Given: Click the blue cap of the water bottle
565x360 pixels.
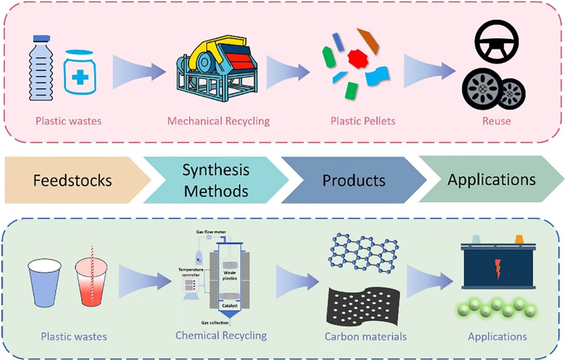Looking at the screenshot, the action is (41, 38).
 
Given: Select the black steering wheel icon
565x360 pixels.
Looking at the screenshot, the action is (497, 42).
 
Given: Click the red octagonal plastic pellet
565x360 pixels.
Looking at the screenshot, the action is (358, 58).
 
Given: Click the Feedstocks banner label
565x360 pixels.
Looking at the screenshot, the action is (73, 180).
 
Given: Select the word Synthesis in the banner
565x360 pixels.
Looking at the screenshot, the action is (216, 170).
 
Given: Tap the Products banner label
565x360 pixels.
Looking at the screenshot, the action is (354, 180).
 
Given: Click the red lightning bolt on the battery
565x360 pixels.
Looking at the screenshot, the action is (497, 269).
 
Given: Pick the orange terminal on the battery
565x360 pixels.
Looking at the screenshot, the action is (519, 239).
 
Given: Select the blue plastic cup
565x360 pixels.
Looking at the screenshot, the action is (45, 283).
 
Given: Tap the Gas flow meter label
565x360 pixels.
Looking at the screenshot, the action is (211, 232).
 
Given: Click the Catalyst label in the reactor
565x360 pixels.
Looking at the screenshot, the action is (230, 306).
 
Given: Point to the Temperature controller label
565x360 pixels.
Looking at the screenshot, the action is (191, 272).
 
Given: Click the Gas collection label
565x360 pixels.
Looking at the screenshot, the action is (215, 322).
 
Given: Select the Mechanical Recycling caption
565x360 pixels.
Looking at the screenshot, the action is (218, 121).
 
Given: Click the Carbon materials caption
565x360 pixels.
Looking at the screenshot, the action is (365, 337).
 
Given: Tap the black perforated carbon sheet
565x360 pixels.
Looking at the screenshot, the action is (363, 306).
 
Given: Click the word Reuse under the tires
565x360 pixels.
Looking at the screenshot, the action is (497, 121).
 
